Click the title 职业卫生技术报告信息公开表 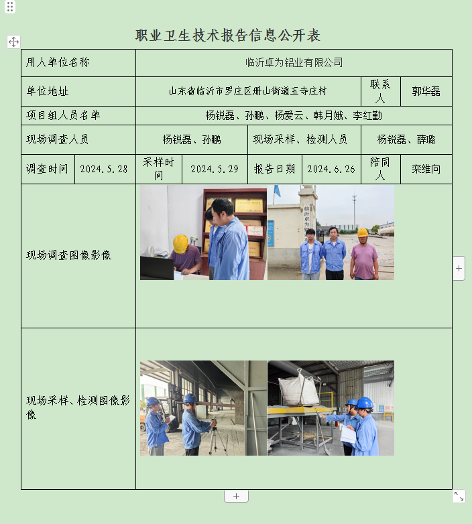[x=228, y=36]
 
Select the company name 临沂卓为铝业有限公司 [x=294, y=62]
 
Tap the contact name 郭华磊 [x=426, y=91]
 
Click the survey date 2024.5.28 [x=104, y=169]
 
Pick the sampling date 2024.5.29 [x=215, y=169]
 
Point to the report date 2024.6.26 [x=331, y=169]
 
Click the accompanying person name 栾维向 [x=426, y=169]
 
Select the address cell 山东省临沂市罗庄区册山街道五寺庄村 [x=248, y=91]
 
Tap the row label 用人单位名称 [x=58, y=62]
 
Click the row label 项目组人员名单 [x=63, y=115]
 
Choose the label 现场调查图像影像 [x=68, y=255]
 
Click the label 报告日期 [x=274, y=169]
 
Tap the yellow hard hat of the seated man [x=180, y=244]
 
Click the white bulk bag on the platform [x=299, y=387]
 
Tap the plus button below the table [x=236, y=496]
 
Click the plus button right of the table [x=459, y=268]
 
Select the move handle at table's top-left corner [x=13, y=42]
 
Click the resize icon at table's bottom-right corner [x=459, y=496]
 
